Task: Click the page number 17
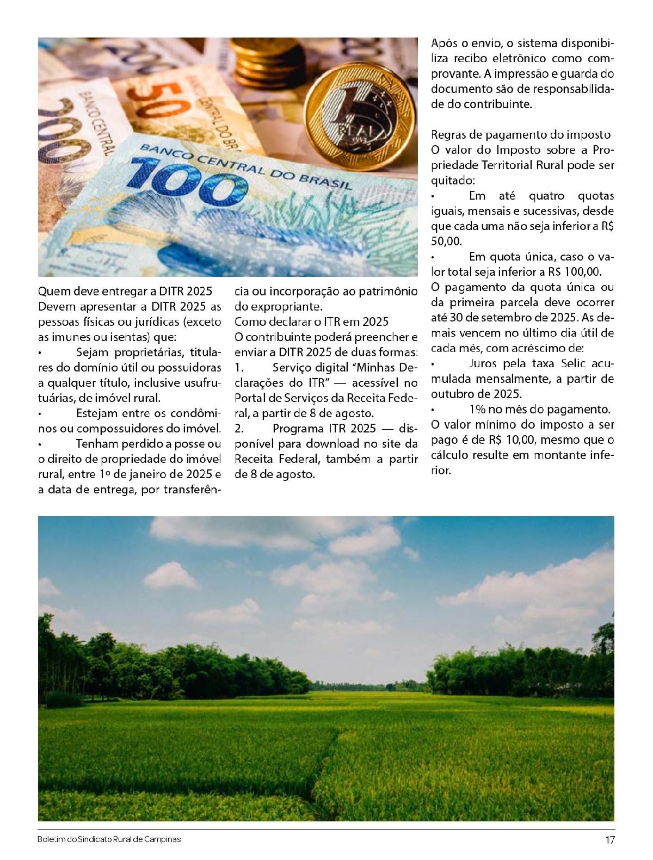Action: click(x=609, y=840)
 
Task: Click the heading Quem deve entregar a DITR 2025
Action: click(x=125, y=291)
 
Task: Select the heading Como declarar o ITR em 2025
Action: click(x=311, y=321)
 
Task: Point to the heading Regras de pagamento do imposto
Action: click(x=521, y=134)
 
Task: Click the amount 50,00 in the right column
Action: click(x=446, y=241)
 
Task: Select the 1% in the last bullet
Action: click(x=477, y=409)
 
